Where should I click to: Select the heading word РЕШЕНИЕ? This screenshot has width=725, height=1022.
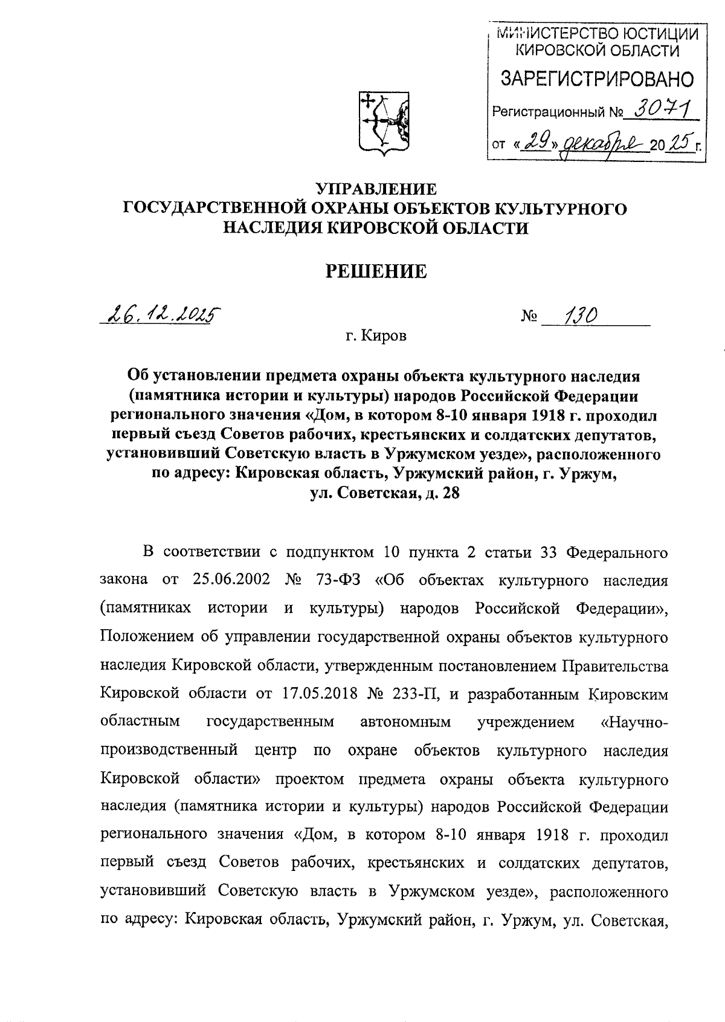pos(376,271)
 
